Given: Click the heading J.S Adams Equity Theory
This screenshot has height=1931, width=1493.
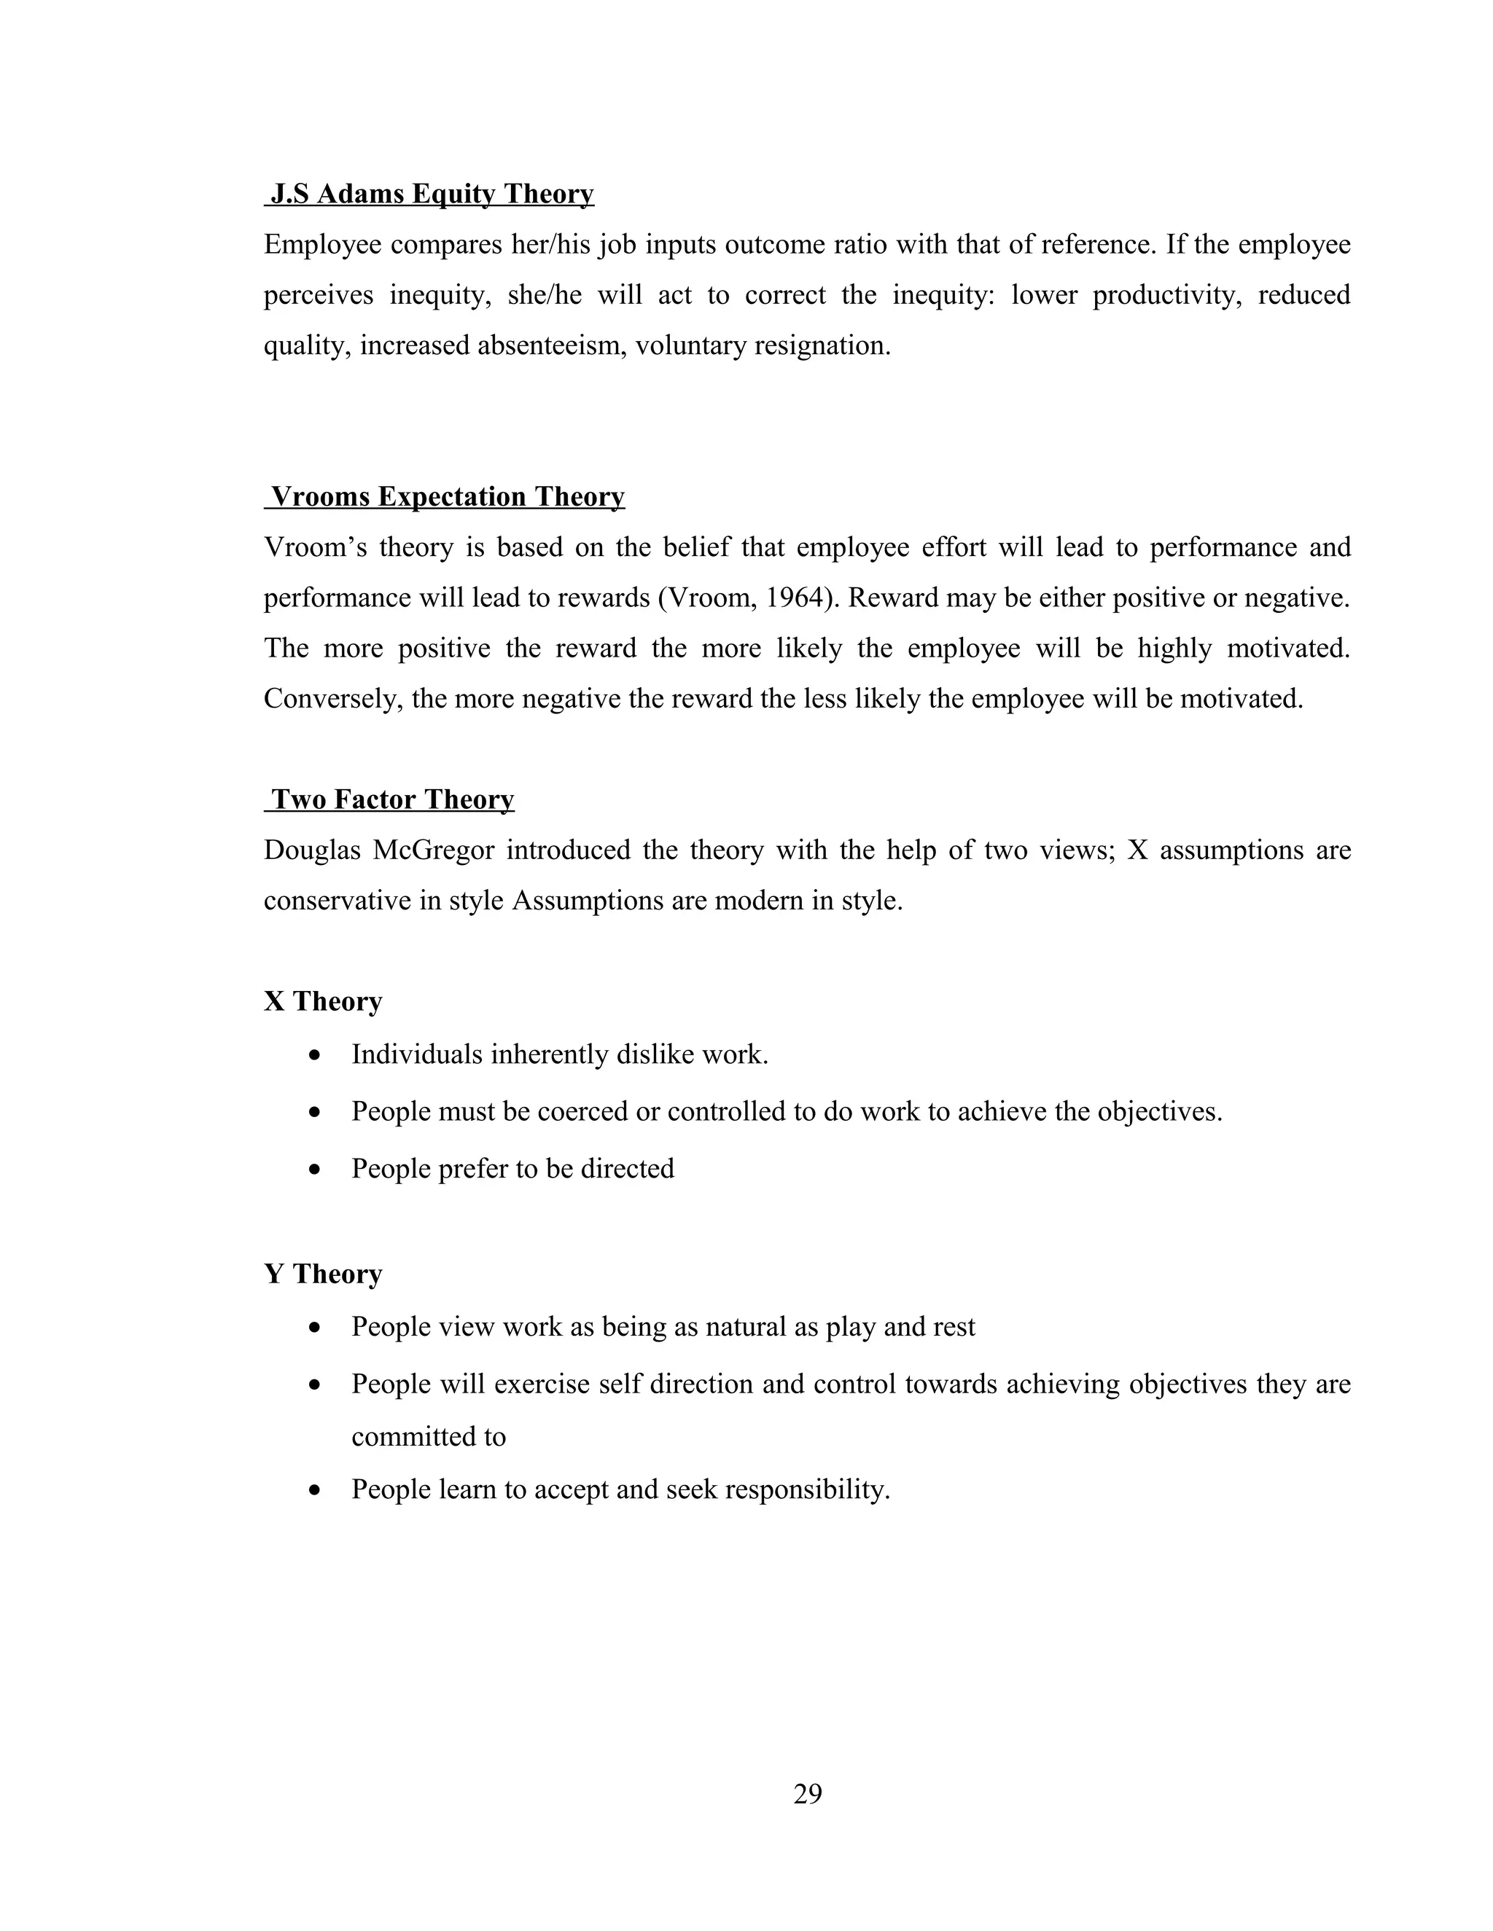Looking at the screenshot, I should click(x=431, y=194).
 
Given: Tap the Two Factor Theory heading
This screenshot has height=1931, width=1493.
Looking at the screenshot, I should click(x=391, y=799).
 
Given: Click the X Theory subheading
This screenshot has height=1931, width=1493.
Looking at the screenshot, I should click(x=323, y=1001).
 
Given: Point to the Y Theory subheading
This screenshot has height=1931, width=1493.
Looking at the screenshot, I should click(x=323, y=1273).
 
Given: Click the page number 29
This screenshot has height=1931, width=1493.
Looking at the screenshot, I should click(x=808, y=1794).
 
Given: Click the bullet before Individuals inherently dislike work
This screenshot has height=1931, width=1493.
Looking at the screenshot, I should click(x=315, y=1056).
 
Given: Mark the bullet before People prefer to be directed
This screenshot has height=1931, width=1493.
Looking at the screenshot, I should click(x=315, y=1170).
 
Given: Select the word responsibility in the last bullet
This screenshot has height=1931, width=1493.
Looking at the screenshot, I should click(x=806, y=1490).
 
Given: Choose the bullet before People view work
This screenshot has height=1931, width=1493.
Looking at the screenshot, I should click(x=315, y=1328).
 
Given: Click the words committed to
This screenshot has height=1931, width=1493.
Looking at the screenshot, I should click(x=428, y=1437).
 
